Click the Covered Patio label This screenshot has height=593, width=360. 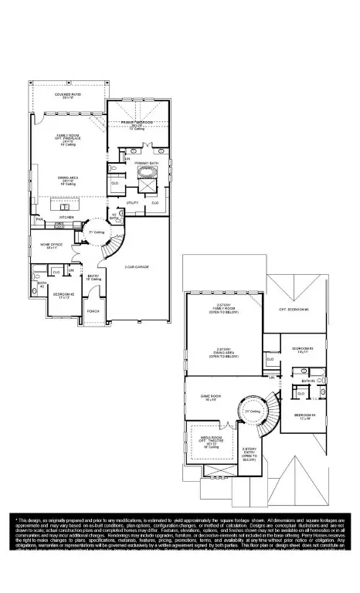[68, 96]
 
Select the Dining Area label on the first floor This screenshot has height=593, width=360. [67, 181]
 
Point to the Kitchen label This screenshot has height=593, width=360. [67, 217]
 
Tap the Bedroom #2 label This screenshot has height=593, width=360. [63, 295]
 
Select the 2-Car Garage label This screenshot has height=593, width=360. [136, 266]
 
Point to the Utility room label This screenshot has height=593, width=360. [132, 202]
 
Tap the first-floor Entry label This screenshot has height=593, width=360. [93, 276]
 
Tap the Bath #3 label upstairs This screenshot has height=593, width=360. [307, 381]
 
